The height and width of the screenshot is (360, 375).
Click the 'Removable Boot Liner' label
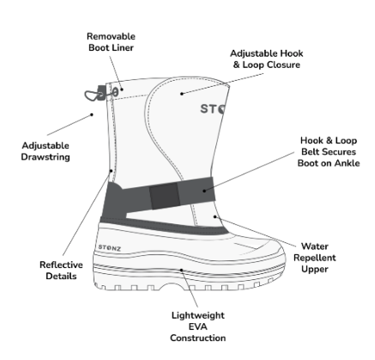pos(111,42)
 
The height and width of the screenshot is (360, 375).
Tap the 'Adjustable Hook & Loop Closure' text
pos(267,59)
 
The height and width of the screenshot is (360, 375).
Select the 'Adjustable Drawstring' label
pos(45,151)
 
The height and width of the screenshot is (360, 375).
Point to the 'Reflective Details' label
pos(61,271)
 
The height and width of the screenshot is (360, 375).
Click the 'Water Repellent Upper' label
pos(315,258)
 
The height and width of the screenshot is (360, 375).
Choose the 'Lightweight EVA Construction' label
pos(198,326)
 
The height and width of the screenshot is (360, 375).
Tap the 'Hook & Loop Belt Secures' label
pos(329,146)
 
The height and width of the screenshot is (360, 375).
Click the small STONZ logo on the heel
pos(110,247)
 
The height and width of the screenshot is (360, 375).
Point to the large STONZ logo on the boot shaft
pos(213,109)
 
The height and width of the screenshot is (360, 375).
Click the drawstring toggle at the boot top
pos(101,93)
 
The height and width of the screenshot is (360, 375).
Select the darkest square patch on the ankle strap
pos(165,196)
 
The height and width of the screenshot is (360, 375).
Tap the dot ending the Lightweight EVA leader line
pos(181,270)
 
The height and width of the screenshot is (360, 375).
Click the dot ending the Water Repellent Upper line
pos(215,217)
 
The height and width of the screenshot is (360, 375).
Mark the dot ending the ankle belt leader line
pos(204,191)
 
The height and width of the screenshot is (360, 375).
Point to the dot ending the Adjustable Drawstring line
pos(92,114)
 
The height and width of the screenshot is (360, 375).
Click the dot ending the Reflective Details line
pos(112,171)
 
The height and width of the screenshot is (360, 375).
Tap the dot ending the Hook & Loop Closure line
pos(182,94)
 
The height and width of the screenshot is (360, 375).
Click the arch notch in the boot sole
pos(172,285)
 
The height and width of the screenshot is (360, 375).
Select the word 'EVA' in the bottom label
pos(198,326)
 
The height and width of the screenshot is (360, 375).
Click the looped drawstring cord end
pos(91,95)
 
